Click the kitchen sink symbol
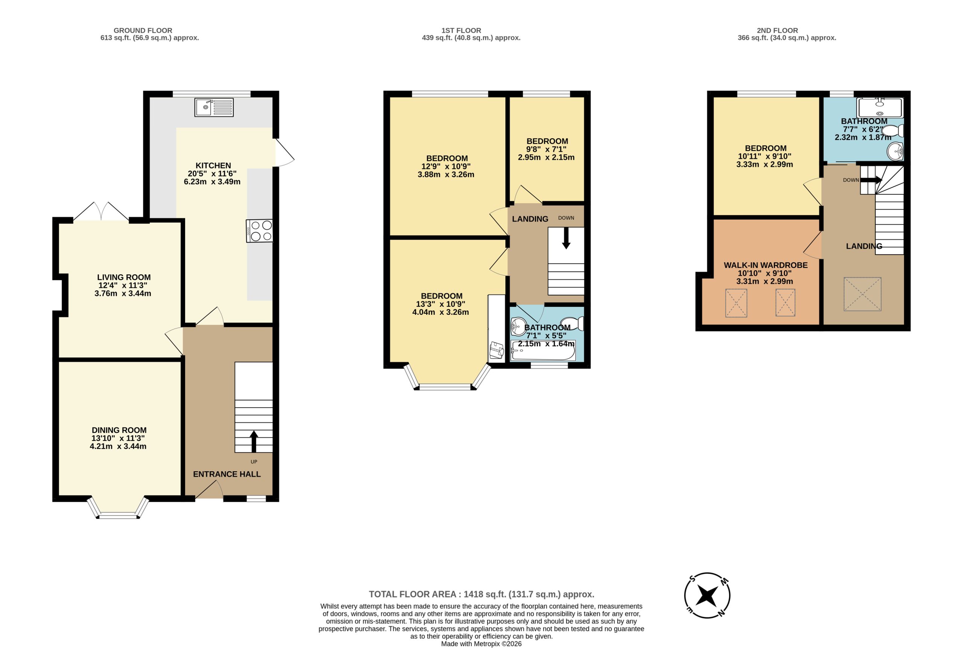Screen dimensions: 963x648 click(214, 107)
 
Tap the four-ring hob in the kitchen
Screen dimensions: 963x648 click(260, 231)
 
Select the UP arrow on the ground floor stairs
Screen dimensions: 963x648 click(254, 442)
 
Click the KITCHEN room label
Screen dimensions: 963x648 click(213, 165)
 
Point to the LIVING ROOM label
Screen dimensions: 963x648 click(124, 277)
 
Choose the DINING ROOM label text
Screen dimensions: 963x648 click(119, 430)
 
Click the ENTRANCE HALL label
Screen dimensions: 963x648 click(227, 474)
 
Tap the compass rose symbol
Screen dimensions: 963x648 click(707, 595)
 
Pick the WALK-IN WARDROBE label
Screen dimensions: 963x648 click(766, 265)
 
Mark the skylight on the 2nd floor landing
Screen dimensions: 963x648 click(862, 294)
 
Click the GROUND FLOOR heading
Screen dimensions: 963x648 click(143, 30)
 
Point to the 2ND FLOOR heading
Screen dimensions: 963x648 click(778, 30)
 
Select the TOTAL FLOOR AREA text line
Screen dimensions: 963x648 click(481, 594)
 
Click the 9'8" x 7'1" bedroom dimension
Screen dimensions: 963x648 click(546, 149)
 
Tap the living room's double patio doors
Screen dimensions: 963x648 click(101, 211)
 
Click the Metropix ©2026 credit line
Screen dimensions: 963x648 click(481, 644)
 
